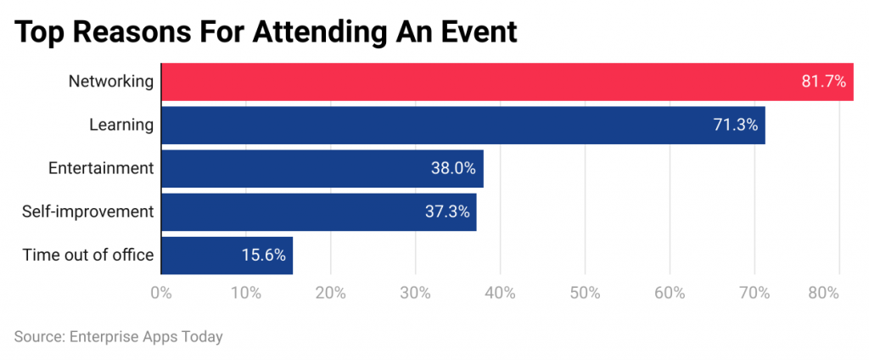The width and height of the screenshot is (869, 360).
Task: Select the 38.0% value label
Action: [x=453, y=168]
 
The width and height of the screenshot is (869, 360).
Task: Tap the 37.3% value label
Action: [x=446, y=211]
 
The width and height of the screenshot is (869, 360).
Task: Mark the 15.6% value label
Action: [x=263, y=255]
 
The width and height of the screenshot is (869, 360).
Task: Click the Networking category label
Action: [x=111, y=82]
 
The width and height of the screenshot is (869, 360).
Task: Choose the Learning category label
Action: [x=121, y=125]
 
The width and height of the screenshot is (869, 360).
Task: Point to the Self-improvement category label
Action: [x=88, y=211]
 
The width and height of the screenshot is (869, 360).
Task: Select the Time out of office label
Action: [x=88, y=255]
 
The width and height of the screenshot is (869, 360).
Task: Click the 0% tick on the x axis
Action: [x=161, y=293]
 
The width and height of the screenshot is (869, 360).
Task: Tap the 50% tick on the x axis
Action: [x=586, y=293]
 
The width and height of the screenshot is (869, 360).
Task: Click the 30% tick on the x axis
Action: [x=416, y=293]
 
